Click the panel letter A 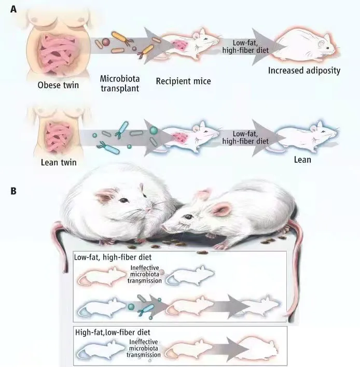tap(13, 9)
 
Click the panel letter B tap(13, 191)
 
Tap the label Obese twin tap(58, 85)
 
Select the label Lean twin tap(59, 162)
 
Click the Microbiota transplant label tap(120, 83)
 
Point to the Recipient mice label tap(184, 81)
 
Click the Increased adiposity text tap(304, 70)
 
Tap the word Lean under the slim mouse tap(302, 160)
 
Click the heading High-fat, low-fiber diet tap(113, 332)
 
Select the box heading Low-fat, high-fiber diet tap(113, 257)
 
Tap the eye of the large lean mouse tap(188, 217)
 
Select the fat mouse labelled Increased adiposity tap(305, 45)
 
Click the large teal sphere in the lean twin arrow tap(154, 130)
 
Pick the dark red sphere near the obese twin tap(106, 42)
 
